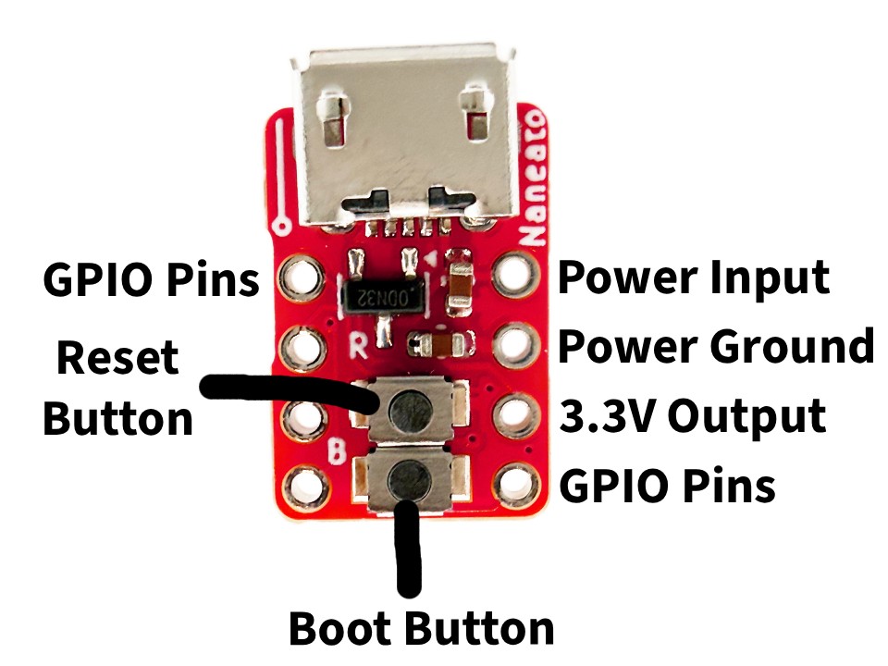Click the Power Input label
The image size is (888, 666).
click(693, 277)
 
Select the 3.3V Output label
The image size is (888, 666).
click(692, 416)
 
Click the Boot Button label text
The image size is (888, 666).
click(421, 628)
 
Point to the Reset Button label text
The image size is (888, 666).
click(118, 388)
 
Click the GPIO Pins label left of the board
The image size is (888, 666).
click(151, 278)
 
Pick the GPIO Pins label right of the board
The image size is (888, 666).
click(667, 485)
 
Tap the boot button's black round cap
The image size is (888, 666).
click(408, 478)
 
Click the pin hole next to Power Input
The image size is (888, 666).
click(513, 276)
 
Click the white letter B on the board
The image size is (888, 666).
click(339, 452)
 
